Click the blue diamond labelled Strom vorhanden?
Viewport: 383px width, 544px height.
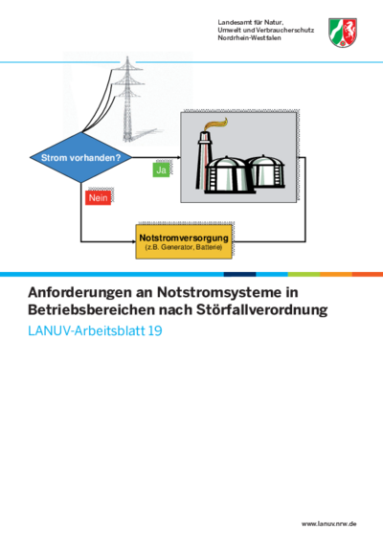coord(81,157)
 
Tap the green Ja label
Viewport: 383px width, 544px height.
coord(161,170)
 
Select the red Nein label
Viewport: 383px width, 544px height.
coord(99,197)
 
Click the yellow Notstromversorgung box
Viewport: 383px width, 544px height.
coord(184,241)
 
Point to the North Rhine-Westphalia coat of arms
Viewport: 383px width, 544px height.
coord(343,33)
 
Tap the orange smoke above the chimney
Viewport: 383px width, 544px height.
coord(216,124)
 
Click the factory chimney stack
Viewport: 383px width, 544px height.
coord(204,160)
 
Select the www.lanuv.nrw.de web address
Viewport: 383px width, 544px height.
coord(328,524)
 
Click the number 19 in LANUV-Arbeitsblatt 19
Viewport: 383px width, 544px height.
coord(155,330)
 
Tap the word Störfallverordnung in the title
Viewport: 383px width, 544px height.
coord(262,309)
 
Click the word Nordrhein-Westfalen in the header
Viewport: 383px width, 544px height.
coord(250,37)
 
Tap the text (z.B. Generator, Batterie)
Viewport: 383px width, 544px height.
coord(184,247)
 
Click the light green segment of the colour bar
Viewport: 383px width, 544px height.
coord(304,274)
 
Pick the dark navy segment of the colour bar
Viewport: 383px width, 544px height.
coord(239,274)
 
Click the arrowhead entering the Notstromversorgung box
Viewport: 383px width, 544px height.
coord(134,241)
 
